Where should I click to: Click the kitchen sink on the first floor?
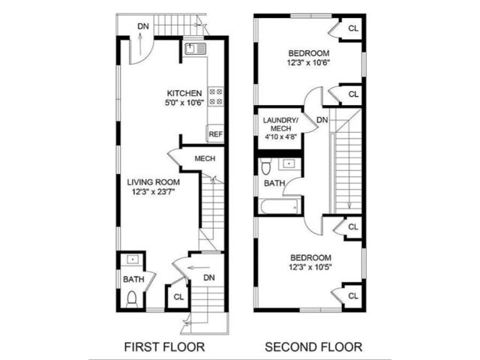[195, 49]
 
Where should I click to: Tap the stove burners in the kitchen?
[216, 97]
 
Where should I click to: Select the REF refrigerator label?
[215, 134]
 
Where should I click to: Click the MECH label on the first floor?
[205, 158]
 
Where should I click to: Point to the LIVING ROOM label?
[153, 182]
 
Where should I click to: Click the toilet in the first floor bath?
[132, 299]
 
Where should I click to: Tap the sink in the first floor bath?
[133, 259]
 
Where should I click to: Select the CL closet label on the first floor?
[178, 297]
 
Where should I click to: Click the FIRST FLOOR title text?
[164, 347]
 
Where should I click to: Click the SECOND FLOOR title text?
[313, 347]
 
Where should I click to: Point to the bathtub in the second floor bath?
[280, 207]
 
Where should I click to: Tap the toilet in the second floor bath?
[265, 166]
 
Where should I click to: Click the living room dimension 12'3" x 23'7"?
[153, 192]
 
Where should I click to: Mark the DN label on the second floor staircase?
[322, 120]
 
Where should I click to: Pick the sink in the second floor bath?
[288, 163]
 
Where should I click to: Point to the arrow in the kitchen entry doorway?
[140, 44]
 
